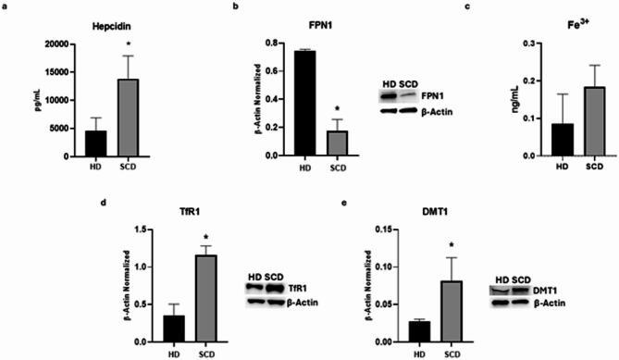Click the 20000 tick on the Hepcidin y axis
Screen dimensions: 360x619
click(65, 43)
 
